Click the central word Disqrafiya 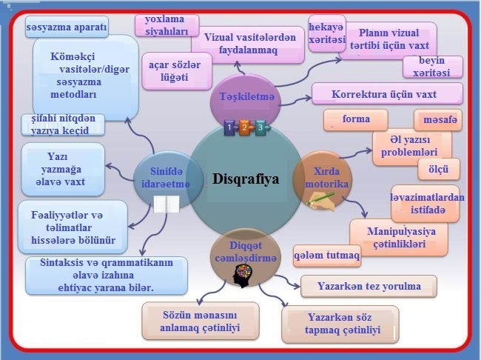[x=246, y=179]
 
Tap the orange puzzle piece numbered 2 [x=245, y=127]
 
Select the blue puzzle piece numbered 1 [x=229, y=127]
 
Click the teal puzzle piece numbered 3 [x=261, y=127]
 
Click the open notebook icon [x=166, y=204]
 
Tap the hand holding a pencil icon [x=321, y=201]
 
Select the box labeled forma [x=356, y=120]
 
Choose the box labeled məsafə [x=438, y=120]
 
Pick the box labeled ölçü [x=439, y=169]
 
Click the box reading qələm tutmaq [x=327, y=256]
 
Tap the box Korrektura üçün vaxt [x=387, y=93]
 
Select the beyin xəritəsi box [x=433, y=67]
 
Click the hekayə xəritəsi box [x=327, y=33]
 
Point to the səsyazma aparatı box [x=67, y=27]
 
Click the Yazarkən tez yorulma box [x=369, y=286]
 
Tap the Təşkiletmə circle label [x=247, y=97]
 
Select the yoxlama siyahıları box [x=167, y=25]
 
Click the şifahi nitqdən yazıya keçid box [x=63, y=124]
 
